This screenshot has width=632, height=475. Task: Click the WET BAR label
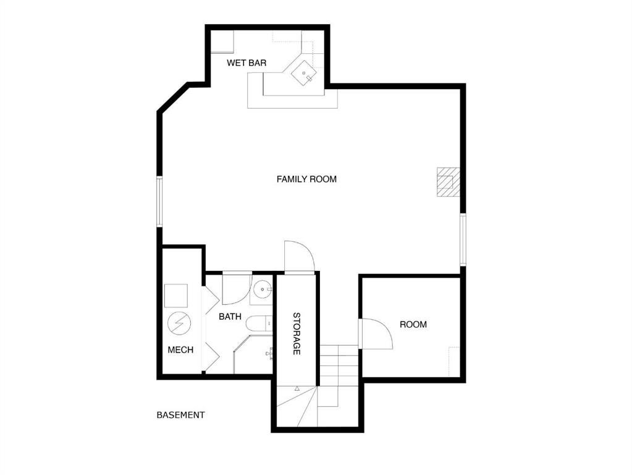tap(246, 63)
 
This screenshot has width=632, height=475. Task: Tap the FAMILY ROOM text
tap(306, 179)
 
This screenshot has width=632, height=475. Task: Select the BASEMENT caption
tap(180, 415)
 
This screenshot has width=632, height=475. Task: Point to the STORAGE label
tap(297, 333)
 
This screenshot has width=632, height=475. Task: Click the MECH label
tap(180, 350)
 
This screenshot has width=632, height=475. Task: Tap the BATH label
tap(230, 317)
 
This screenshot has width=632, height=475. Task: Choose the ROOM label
tap(413, 325)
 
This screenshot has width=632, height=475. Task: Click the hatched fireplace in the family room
tap(447, 182)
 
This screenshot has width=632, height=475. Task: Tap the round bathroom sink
tap(263, 289)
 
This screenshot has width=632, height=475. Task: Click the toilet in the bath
tap(258, 323)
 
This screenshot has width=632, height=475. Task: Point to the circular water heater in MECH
tap(179, 323)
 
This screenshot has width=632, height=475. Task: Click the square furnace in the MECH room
tap(176, 296)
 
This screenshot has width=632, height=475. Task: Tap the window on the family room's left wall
tap(159, 202)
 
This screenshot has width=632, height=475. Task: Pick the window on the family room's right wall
tap(463, 239)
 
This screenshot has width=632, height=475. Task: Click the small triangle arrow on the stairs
tap(297, 388)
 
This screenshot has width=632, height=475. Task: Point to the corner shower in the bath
tap(253, 354)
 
